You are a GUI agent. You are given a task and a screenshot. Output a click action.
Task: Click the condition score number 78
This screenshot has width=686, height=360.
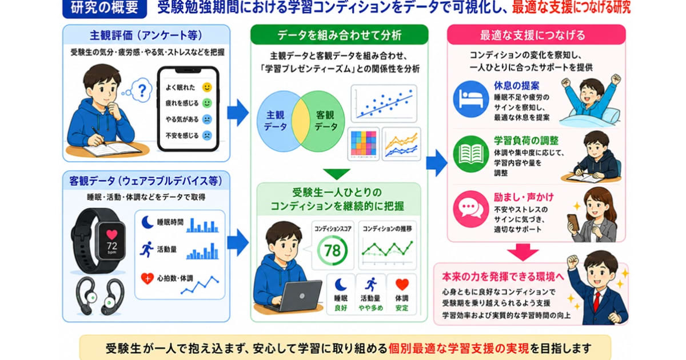coord(332,251)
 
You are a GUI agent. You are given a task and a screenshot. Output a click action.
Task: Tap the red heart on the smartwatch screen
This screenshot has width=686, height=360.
coord(112,234)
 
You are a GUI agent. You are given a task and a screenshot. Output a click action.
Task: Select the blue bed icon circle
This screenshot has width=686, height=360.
coord(470,99)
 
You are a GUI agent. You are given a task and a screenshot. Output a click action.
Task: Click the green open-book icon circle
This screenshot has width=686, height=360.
coord(470,154)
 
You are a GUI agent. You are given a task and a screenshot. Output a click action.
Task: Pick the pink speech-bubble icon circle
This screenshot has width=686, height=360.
coord(470,209)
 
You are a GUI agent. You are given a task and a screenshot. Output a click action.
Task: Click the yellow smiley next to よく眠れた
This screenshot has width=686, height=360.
coord(207,87)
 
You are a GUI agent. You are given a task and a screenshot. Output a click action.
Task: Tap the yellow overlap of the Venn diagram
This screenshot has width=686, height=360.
coord(301,121)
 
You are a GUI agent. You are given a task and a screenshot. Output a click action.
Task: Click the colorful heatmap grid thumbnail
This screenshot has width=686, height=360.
coord(364,143)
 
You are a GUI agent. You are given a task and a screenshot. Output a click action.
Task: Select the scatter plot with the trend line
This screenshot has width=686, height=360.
coord(384,104)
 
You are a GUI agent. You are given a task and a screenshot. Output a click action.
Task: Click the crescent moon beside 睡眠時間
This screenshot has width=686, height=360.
coord(147,222)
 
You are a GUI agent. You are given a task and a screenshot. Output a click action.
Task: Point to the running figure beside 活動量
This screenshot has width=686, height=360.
coord(147,249)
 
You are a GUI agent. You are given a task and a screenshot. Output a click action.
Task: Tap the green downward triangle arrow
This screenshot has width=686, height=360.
coord(337,174)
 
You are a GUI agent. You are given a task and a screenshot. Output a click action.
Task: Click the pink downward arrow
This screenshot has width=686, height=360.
coord(523,252)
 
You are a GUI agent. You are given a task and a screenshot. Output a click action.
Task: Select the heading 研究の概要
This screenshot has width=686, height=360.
coord(105,7)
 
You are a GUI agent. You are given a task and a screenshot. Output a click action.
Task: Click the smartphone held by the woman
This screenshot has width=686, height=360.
coord(573,222)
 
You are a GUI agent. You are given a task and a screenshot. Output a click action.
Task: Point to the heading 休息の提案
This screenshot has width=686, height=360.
coord(517,86)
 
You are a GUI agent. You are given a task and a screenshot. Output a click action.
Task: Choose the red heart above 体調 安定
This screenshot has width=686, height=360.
coord(402,285)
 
